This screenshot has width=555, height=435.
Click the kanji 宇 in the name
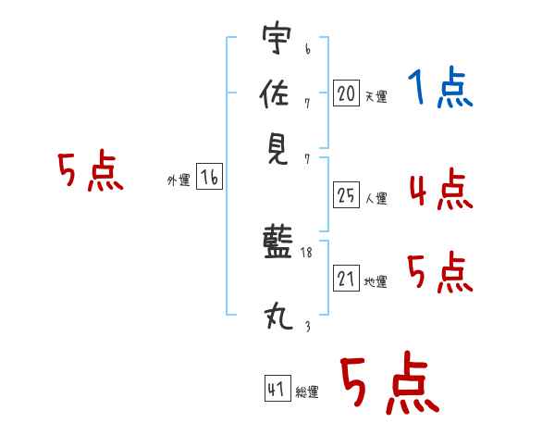(277, 37)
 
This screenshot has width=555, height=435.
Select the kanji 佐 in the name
(275, 93)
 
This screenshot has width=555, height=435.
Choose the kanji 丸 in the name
(278, 317)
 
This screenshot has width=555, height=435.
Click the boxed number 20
(346, 93)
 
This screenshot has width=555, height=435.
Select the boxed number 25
(346, 195)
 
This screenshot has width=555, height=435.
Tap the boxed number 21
(346, 278)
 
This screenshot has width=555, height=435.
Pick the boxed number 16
(210, 177)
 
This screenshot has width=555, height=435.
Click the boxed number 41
(277, 388)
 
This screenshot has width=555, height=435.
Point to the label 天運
(376, 96)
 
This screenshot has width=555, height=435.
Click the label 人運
(376, 198)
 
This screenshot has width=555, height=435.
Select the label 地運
(376, 282)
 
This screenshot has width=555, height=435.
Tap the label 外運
(179, 180)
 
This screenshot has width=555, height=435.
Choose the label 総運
(307, 392)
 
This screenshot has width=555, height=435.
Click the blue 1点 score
(440, 87)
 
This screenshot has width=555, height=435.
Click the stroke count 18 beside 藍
(306, 253)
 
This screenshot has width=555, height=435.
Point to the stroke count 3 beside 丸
(308, 326)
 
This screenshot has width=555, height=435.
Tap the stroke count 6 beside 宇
(308, 49)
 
